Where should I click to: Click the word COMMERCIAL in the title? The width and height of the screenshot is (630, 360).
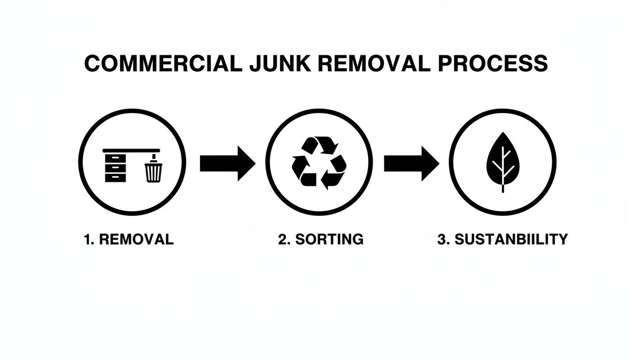tap(162, 64)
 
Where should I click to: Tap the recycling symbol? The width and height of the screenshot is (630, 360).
tap(319, 162)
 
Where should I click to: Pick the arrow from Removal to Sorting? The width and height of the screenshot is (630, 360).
tap(227, 163)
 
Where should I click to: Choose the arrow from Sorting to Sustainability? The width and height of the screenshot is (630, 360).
tap(411, 163)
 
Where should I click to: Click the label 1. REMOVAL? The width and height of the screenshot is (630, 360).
tap(128, 239)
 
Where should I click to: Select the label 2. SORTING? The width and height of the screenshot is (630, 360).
tap(320, 239)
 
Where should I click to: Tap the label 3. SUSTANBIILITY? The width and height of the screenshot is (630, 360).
tap(502, 239)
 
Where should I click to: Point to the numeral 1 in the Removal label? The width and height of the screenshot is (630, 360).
tap(86, 239)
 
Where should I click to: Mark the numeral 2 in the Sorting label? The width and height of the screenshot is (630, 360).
tap(282, 239)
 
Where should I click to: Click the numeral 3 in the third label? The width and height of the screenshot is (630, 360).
tap(441, 239)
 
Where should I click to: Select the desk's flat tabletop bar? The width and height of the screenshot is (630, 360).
tap(131, 150)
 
